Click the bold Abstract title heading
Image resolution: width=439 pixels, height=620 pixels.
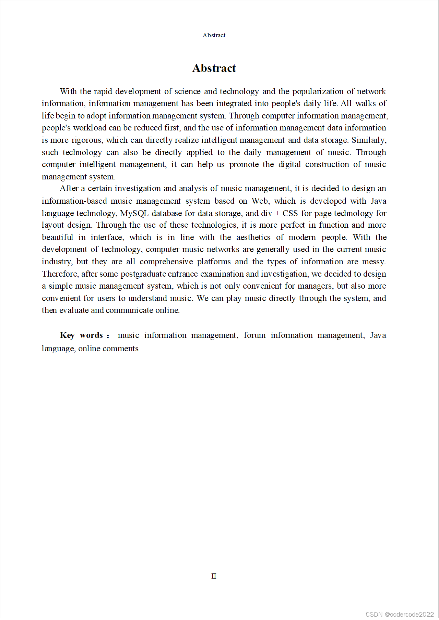(214, 68)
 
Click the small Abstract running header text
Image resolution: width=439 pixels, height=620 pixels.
(214, 35)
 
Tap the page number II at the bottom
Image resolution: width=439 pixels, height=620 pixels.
(214, 576)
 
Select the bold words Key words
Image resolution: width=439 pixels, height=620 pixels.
(82, 335)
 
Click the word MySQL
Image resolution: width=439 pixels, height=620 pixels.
(134, 213)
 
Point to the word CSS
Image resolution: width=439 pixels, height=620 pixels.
(290, 213)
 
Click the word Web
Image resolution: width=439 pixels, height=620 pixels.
(260, 201)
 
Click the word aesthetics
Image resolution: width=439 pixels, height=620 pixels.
(253, 237)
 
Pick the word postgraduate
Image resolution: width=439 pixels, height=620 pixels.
(143, 274)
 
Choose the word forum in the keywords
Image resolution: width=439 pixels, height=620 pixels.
(254, 335)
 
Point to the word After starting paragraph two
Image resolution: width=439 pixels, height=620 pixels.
(69, 188)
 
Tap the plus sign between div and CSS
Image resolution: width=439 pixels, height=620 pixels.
(277, 214)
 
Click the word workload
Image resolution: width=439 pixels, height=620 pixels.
(90, 128)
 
